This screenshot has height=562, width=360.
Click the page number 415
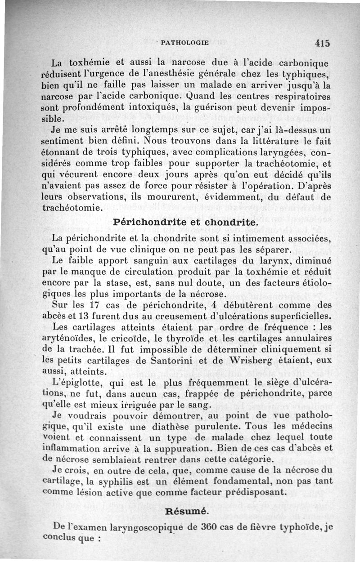[323, 43]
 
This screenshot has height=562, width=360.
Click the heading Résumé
[185, 511]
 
